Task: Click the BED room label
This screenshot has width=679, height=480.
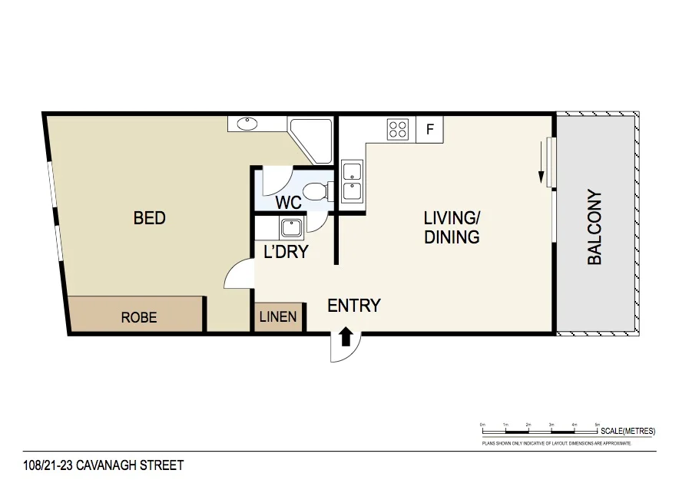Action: click(x=150, y=218)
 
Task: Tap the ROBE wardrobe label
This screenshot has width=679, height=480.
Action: click(x=139, y=316)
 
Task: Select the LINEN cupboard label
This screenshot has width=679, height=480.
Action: click(x=278, y=316)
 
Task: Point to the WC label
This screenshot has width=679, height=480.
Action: click(x=289, y=204)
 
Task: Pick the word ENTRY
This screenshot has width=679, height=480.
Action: click(x=354, y=306)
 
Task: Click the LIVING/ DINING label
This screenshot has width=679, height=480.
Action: click(x=452, y=227)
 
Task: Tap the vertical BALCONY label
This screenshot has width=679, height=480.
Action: click(x=595, y=227)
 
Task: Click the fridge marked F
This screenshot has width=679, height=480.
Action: click(x=430, y=130)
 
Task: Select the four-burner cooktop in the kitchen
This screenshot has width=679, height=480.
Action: click(x=398, y=129)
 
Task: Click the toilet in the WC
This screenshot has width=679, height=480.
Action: click(x=316, y=191)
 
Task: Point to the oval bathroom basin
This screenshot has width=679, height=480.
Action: click(x=247, y=124)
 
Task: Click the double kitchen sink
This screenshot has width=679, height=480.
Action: click(x=352, y=181)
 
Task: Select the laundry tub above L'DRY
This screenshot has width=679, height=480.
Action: click(x=292, y=227)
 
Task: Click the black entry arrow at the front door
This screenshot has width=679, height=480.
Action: click(x=346, y=336)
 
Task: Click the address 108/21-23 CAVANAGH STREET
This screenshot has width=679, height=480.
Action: click(x=104, y=465)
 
